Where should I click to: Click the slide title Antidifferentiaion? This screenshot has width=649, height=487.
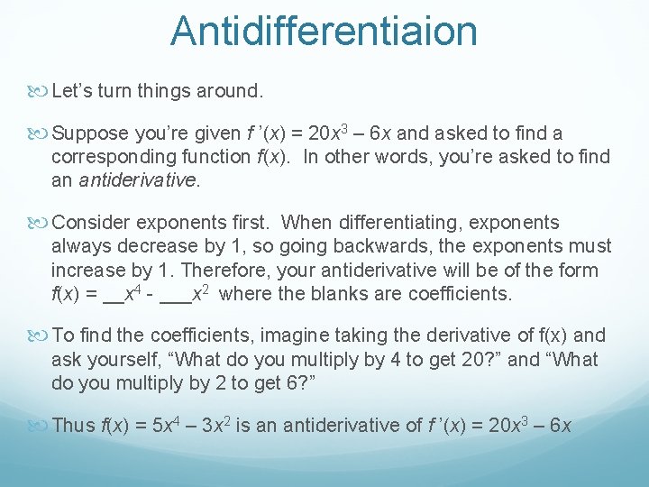point(324,31)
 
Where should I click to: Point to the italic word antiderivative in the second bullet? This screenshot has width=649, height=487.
point(137,179)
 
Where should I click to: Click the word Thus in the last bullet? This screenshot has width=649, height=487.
point(73,426)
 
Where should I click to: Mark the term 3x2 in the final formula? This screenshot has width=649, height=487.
point(224,426)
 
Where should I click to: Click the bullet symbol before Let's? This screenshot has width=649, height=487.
point(41,92)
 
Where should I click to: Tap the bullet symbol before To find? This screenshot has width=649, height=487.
point(41,336)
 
